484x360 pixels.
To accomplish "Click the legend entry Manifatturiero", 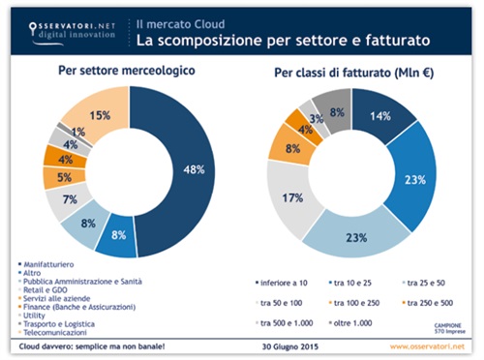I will (x=54, y=264).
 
